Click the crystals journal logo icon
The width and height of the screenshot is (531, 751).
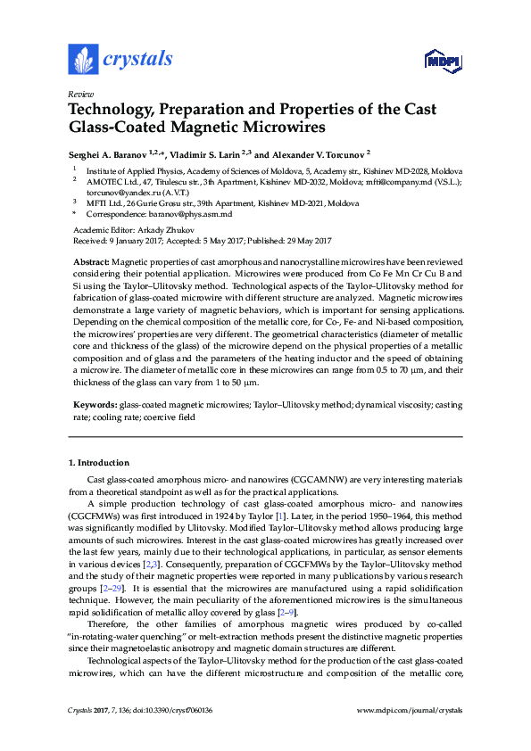(82, 59)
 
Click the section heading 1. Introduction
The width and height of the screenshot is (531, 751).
(98, 463)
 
